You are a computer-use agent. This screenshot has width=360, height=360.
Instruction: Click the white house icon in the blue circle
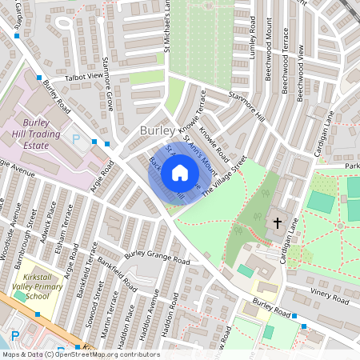click(x=180, y=172)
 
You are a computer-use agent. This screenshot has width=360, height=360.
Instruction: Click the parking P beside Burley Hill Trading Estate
click(x=76, y=139)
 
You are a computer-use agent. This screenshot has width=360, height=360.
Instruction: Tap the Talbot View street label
click(x=85, y=76)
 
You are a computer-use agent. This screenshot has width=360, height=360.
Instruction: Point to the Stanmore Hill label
click(x=246, y=108)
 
